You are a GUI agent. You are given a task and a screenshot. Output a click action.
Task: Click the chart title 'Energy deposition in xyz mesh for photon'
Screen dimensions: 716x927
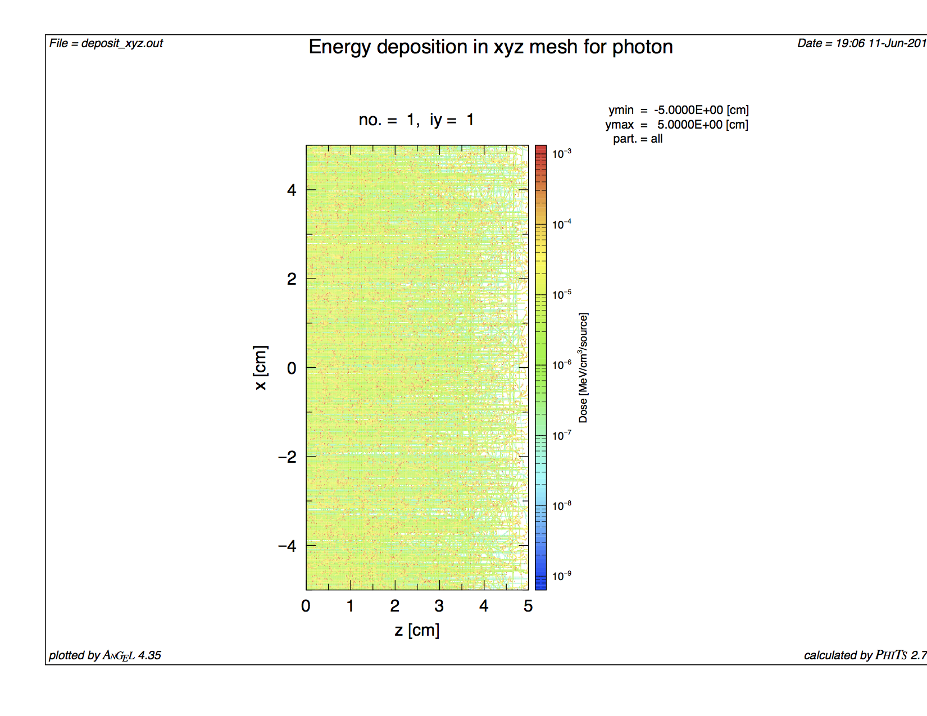tap(490, 47)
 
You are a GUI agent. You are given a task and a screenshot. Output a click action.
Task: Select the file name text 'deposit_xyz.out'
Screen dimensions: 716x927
tap(122, 43)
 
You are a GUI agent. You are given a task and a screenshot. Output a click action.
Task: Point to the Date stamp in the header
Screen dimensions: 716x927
tap(861, 43)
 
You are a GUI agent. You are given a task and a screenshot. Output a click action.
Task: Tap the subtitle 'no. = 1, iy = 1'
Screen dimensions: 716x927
tap(416, 120)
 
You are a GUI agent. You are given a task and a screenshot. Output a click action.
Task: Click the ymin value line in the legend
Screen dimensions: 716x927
tap(678, 110)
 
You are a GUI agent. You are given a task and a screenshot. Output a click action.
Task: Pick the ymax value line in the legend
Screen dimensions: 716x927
tap(676, 125)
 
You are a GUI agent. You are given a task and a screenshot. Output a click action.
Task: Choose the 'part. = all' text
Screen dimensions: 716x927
tap(638, 139)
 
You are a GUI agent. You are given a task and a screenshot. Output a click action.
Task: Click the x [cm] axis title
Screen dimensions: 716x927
tap(261, 368)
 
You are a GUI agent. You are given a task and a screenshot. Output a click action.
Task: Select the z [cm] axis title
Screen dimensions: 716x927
tap(417, 630)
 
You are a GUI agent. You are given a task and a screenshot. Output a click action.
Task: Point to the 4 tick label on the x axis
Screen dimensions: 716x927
tap(292, 190)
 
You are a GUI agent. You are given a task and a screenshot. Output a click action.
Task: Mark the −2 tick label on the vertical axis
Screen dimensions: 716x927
tap(287, 457)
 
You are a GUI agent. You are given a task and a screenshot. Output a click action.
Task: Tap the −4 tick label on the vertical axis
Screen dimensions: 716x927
tap(287, 546)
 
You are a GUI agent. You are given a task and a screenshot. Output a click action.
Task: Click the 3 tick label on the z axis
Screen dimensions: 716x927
tap(439, 606)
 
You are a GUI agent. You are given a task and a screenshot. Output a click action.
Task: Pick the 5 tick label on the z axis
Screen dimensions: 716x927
tap(528, 606)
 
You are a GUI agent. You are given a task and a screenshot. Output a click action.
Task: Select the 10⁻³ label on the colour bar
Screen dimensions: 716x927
tap(561, 153)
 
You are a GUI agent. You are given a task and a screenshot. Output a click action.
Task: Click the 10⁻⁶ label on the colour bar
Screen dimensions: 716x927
tap(561, 365)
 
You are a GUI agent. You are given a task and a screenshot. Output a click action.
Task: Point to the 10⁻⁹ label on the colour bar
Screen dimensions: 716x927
tap(561, 576)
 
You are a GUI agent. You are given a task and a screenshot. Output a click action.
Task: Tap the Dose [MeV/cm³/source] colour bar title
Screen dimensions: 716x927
tap(584, 368)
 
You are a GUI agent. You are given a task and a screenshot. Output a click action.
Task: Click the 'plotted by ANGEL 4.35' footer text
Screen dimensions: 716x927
tap(105, 655)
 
